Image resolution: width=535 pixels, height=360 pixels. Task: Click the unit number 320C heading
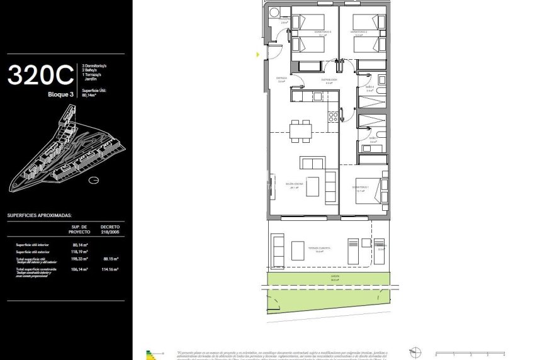point(40,76)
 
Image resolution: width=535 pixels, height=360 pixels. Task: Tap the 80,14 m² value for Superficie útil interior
point(79,245)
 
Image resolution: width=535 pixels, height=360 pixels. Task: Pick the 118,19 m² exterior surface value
point(79,251)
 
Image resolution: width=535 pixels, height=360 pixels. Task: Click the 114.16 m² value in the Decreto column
point(110,269)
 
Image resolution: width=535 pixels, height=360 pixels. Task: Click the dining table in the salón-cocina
point(300,131)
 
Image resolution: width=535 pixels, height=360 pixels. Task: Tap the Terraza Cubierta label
point(319,249)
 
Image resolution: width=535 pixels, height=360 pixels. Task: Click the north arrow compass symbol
point(414,352)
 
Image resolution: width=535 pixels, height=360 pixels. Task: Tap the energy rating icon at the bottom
point(150,354)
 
